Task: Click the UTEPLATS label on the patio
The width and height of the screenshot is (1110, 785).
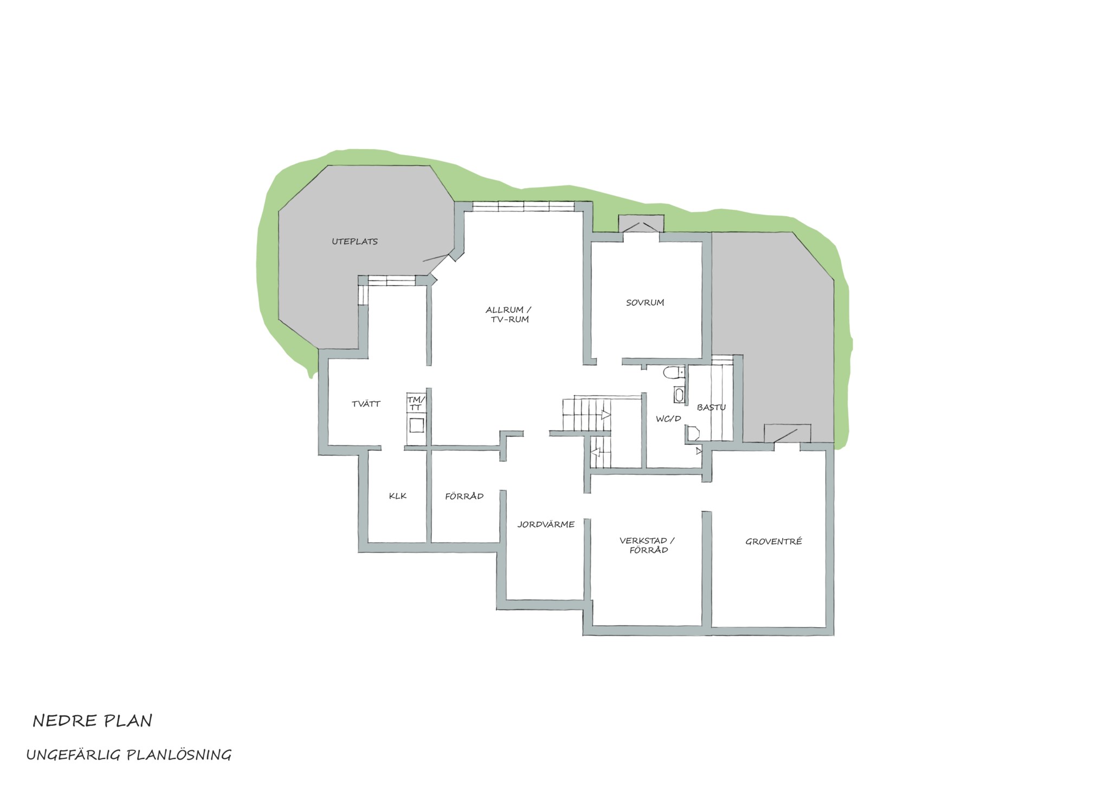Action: point(354,242)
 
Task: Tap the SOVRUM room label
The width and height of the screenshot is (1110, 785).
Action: point(645,303)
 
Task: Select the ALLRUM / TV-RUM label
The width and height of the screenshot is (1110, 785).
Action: point(508,314)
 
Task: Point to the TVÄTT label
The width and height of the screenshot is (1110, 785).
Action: point(366,404)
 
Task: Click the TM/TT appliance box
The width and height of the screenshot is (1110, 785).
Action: point(416,403)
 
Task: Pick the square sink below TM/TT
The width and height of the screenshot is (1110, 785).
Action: point(416,426)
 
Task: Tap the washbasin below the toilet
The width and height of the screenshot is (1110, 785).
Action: point(679,394)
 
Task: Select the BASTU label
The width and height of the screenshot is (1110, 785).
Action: point(711,407)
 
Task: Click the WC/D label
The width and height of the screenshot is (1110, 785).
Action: point(668,419)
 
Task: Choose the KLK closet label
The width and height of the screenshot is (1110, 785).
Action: point(398,496)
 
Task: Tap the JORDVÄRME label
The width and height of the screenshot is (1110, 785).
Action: point(546,524)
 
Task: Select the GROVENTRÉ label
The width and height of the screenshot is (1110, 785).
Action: point(773,541)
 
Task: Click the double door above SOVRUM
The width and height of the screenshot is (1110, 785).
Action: point(641,226)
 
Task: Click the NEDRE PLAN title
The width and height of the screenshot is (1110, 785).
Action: point(93,720)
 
